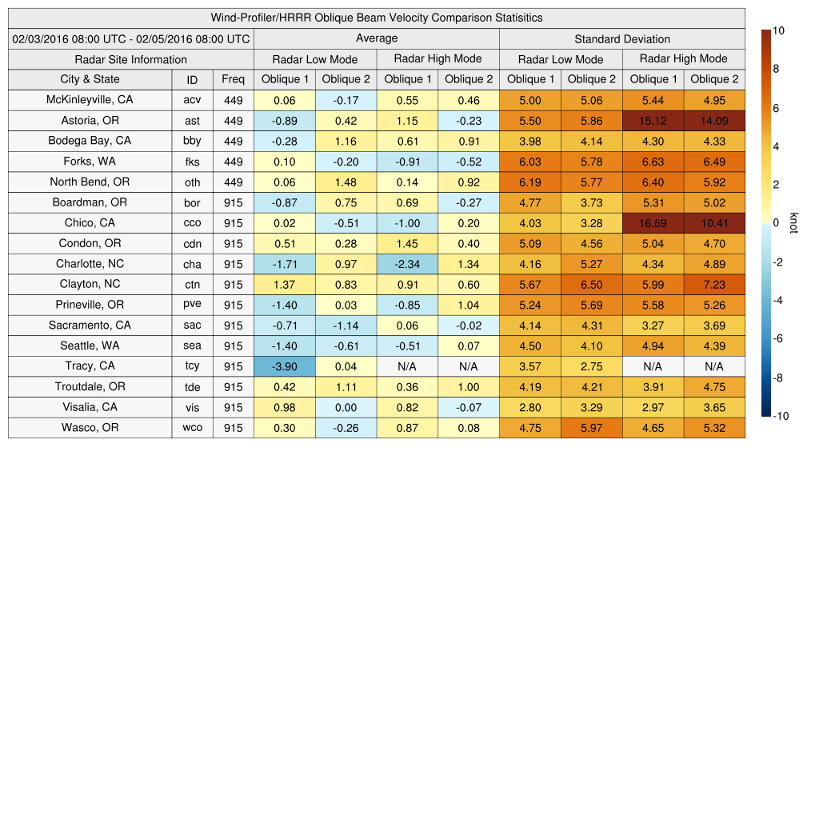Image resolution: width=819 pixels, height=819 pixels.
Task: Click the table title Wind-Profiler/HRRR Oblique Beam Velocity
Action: tap(377, 18)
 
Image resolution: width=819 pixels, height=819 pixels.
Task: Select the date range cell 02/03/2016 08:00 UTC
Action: tap(131, 38)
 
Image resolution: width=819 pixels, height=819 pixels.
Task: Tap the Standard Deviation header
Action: tap(622, 38)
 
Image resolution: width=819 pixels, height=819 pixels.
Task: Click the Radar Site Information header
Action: tap(131, 59)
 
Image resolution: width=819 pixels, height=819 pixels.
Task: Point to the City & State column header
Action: tap(90, 79)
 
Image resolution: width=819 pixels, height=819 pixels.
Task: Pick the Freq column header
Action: tap(233, 79)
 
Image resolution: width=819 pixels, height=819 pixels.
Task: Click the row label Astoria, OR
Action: tap(90, 120)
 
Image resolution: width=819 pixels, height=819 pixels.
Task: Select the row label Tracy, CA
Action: tap(90, 366)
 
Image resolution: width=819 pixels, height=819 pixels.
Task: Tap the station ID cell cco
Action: tap(192, 223)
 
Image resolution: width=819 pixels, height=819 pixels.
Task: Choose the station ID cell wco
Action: tap(192, 428)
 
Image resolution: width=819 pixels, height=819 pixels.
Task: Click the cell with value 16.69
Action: tap(653, 223)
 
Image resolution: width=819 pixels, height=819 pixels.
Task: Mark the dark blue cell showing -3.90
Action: tap(284, 366)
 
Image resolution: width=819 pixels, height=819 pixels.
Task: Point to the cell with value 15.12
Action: tap(653, 120)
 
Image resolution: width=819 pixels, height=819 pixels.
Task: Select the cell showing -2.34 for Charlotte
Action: tap(407, 264)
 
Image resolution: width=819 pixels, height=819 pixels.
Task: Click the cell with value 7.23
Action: tap(714, 285)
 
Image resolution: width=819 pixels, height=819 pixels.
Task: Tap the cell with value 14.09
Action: tap(714, 120)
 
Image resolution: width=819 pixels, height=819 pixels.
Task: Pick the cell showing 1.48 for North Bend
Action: tap(346, 182)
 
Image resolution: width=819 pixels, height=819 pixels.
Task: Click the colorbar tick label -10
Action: tap(782, 416)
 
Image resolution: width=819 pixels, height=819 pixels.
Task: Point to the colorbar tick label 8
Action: tap(777, 70)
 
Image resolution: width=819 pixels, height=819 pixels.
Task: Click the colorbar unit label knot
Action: tap(793, 223)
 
